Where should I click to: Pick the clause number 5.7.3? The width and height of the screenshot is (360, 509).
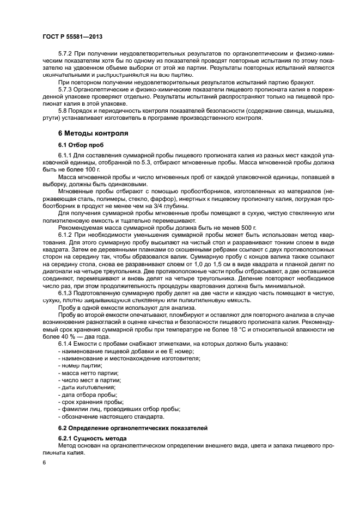coord(65,89)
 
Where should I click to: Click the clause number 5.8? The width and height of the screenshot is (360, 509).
coord(63,110)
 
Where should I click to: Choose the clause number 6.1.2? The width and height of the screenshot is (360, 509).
coord(65,234)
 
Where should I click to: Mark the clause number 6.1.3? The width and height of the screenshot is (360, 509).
coord(65,293)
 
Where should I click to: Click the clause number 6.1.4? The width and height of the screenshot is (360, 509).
coord(65,344)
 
